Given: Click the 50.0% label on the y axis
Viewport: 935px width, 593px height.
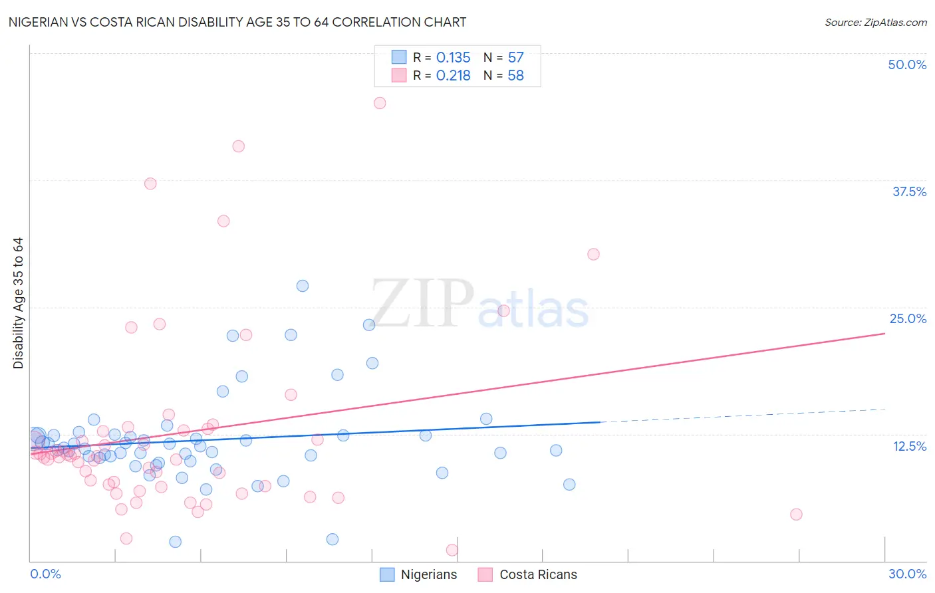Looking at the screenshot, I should [907, 64].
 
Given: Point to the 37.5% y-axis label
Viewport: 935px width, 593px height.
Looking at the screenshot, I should [909, 191].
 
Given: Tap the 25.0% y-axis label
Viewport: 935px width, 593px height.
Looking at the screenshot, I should [908, 318].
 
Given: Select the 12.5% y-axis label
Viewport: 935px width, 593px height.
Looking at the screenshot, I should [909, 445].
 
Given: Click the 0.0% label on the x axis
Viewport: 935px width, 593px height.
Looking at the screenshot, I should [45, 574].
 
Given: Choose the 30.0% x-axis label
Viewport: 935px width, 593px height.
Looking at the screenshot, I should [907, 574].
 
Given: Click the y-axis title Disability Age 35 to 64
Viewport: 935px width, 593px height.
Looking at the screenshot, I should [18, 303].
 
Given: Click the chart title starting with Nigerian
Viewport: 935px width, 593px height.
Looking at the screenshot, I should [237, 22].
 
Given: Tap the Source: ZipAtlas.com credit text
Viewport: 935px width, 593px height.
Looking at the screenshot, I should [875, 22].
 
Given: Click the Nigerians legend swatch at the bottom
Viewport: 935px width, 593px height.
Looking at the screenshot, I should [387, 574].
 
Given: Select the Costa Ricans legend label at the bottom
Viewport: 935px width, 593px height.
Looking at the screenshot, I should [538, 574].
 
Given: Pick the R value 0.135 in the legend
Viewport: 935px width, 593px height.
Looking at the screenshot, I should [453, 58].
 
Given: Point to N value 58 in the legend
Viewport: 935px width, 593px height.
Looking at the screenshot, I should [515, 76].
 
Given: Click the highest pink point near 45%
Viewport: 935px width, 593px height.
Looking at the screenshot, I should [380, 103].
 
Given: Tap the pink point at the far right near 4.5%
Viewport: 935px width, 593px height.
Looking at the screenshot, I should [796, 514].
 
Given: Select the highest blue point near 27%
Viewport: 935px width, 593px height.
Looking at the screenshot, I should [303, 286].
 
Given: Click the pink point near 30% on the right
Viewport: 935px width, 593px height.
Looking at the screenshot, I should [593, 254].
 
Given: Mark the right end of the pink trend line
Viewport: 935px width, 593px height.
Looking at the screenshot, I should [885, 333].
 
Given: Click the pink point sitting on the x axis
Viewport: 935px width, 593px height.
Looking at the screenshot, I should [452, 550].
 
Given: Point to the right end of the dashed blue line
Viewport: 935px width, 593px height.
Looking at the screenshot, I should [885, 409].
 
